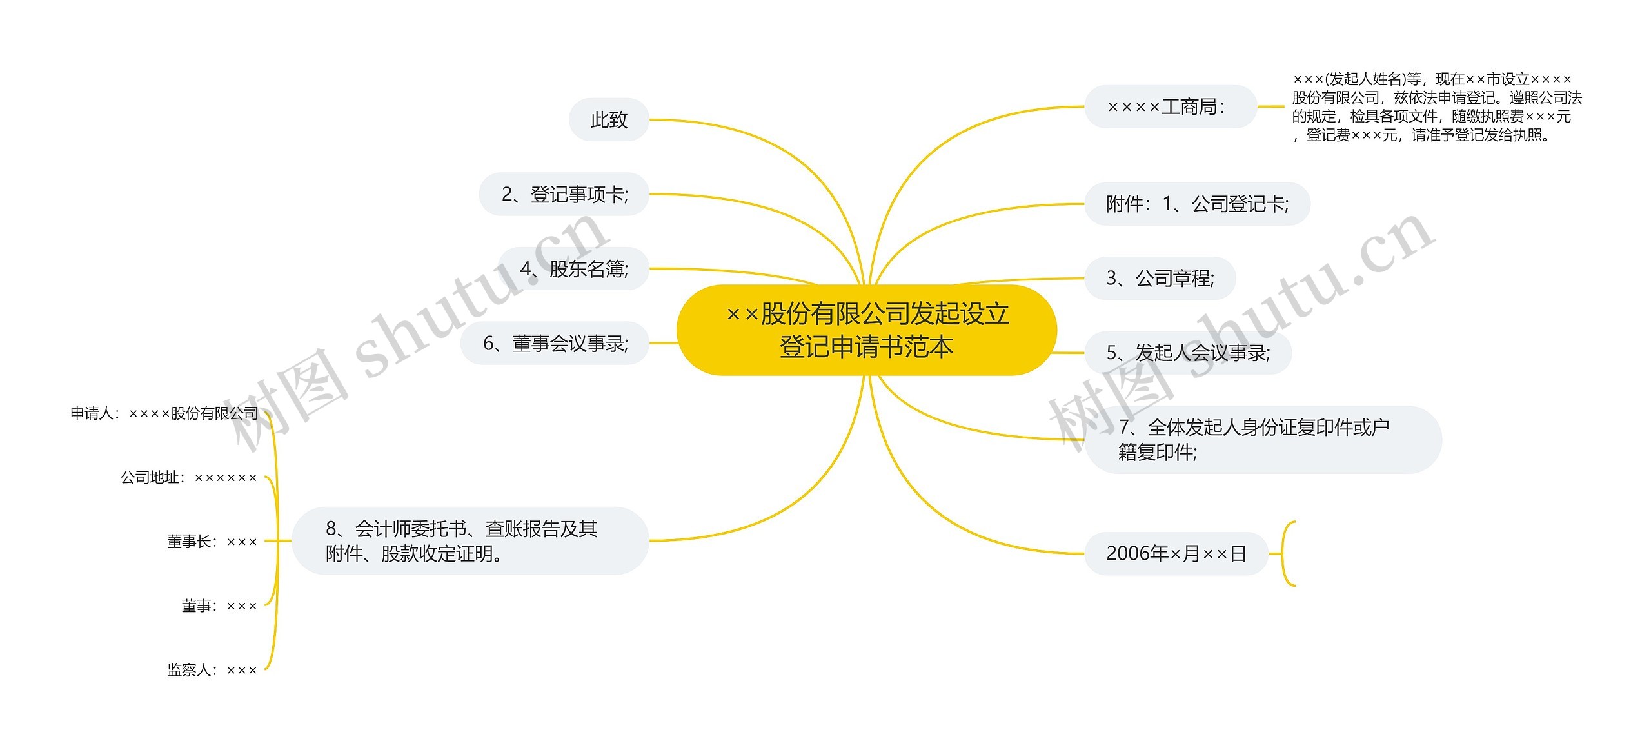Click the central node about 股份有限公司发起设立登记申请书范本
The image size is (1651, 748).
click(866, 330)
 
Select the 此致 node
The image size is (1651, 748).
click(609, 120)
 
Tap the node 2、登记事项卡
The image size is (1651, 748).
click(564, 194)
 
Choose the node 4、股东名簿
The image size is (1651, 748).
click(573, 269)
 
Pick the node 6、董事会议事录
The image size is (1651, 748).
click(555, 343)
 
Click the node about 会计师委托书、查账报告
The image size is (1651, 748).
click(470, 541)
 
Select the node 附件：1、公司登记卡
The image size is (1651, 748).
click(1197, 204)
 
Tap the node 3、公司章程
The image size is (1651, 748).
click(1160, 279)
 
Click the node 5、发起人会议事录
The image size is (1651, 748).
click(1188, 353)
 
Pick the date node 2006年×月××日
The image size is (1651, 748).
click(1176, 553)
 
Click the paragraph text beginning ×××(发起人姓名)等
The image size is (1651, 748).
click(1436, 107)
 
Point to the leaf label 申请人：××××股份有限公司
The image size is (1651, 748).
click(164, 413)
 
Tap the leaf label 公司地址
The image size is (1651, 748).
click(188, 478)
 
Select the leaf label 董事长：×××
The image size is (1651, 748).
click(212, 542)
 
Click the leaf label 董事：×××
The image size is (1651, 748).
click(219, 606)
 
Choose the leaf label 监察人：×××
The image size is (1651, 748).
click(212, 670)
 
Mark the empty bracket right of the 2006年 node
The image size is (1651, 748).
click(1288, 553)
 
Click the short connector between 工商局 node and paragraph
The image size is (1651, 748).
click(1270, 106)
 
